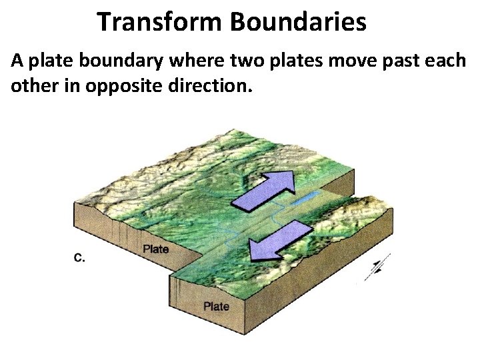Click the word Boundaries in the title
tap(298, 21)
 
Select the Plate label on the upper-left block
tap(156, 249)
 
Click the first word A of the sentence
tap(17, 61)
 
